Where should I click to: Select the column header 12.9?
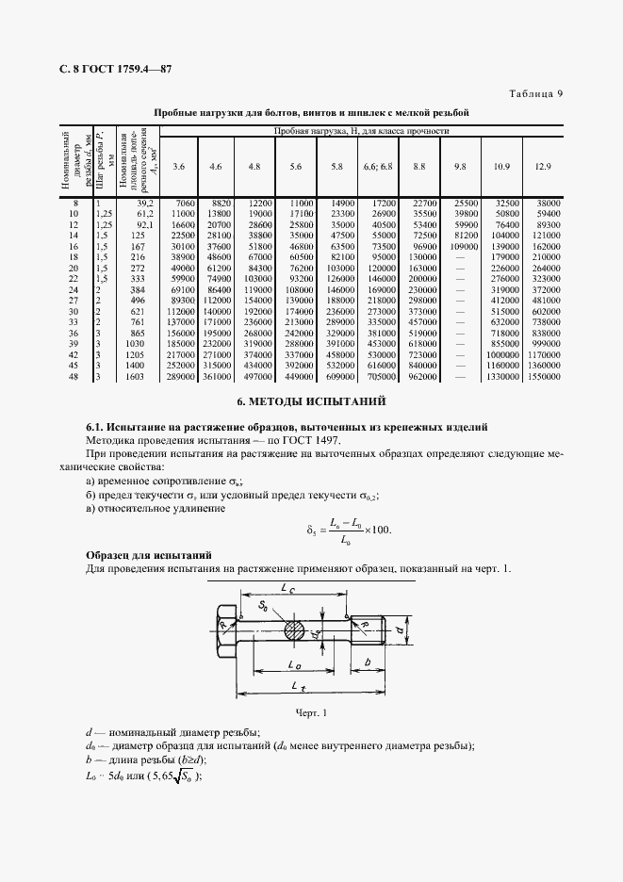pyautogui.click(x=542, y=167)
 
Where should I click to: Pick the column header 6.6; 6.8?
pyautogui.click(x=378, y=167)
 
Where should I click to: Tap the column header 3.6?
pyautogui.click(x=179, y=167)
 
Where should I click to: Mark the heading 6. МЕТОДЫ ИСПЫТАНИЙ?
pyautogui.click(x=311, y=402)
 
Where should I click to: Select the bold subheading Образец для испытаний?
pyautogui.click(x=148, y=554)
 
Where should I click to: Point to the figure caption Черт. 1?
pyautogui.click(x=311, y=713)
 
